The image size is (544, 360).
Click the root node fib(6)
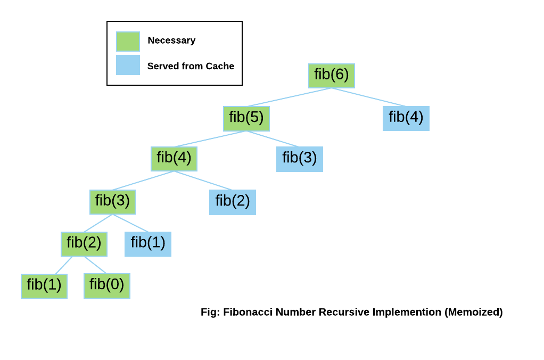pyautogui.click(x=331, y=76)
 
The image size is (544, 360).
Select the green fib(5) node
pyautogui.click(x=246, y=118)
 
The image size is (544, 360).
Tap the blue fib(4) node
pyautogui.click(x=406, y=118)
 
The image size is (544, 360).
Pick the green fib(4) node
pyautogui.click(x=174, y=159)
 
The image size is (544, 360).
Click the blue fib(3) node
pyautogui.click(x=299, y=159)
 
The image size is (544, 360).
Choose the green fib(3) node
pyautogui.click(x=112, y=202)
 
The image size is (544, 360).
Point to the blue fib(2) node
pyautogui.click(x=232, y=202)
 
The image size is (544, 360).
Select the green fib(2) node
pyautogui.click(x=84, y=244)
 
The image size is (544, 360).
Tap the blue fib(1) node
pyautogui.click(x=147, y=244)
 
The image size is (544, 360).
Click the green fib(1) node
pyautogui.click(x=44, y=286)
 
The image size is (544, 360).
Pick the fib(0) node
pyautogui.click(x=106, y=286)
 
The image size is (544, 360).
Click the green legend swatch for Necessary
pyautogui.click(x=128, y=41)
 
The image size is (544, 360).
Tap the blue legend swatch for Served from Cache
pyautogui.click(x=128, y=65)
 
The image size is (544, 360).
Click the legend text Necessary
pyautogui.click(x=171, y=40)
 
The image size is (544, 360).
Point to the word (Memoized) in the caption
pyautogui.click(x=473, y=312)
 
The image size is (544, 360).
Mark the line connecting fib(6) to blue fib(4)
pyautogui.click(x=368, y=97)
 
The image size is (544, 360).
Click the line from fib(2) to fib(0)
pyautogui.click(x=95, y=265)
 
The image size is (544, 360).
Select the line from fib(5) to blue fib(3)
pyautogui.click(x=273, y=138)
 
